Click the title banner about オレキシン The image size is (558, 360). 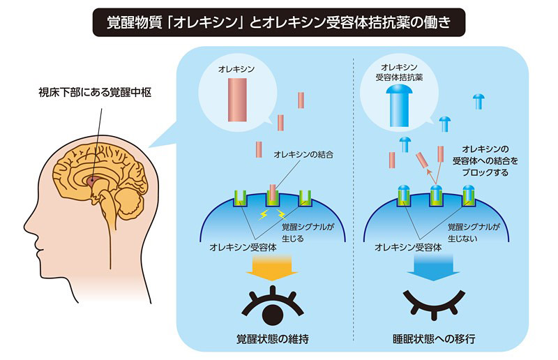[278, 22]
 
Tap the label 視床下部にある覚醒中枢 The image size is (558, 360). [95, 93]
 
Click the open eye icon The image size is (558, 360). [272, 306]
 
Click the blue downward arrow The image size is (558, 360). [433, 267]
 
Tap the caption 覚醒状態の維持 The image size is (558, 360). [273, 338]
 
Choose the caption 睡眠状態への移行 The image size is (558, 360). [434, 338]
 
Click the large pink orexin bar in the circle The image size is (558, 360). [237, 100]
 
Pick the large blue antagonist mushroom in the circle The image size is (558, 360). [399, 106]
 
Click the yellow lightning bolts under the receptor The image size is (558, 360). [273, 214]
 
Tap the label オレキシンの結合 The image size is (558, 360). [303, 155]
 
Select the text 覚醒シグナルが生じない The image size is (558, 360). [474, 232]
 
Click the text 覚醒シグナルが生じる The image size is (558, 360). [308, 232]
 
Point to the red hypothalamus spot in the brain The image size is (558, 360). [91, 181]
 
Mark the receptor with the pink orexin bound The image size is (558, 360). [273, 197]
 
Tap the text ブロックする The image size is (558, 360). [485, 173]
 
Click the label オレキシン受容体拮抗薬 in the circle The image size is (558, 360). [399, 73]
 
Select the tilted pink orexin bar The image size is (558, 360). [422, 160]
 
